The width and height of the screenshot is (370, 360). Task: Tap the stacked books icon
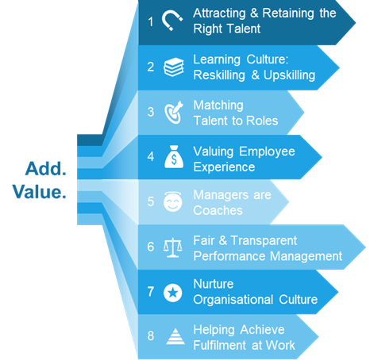(174, 67)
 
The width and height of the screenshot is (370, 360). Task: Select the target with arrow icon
(174, 113)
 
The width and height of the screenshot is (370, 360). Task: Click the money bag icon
(174, 157)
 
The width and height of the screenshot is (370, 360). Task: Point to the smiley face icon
(173, 201)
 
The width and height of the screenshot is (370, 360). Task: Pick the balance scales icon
(172, 247)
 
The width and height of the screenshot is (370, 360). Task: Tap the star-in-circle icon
(173, 293)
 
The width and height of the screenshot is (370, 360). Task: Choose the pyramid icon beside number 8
(175, 336)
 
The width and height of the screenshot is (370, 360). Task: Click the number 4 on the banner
(151, 156)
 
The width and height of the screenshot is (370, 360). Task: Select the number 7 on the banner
(151, 292)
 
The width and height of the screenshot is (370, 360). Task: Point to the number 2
(151, 67)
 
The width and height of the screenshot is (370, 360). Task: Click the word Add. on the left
(45, 169)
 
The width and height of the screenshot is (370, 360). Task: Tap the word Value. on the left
(39, 192)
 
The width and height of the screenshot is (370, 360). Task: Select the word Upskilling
(289, 75)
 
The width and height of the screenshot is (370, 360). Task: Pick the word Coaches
(218, 211)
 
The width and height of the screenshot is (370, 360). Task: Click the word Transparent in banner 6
(264, 241)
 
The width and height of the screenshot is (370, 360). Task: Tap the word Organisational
(233, 300)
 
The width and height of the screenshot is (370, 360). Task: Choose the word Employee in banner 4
(267, 152)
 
